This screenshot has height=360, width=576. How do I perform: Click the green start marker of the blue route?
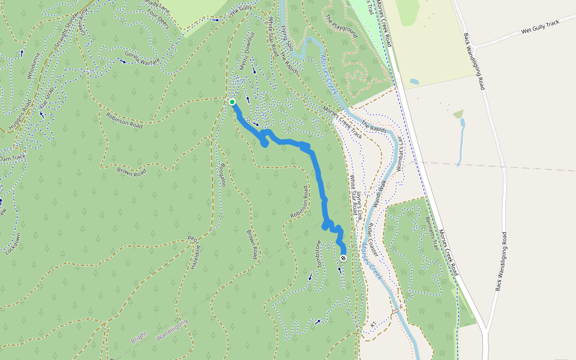(232, 102)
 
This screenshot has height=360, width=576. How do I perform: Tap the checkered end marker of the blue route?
(343, 258)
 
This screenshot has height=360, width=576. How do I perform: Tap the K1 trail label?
(373, 325)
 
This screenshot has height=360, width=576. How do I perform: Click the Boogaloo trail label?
(221, 174)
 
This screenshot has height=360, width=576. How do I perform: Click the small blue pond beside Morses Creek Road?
(415, 81)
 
